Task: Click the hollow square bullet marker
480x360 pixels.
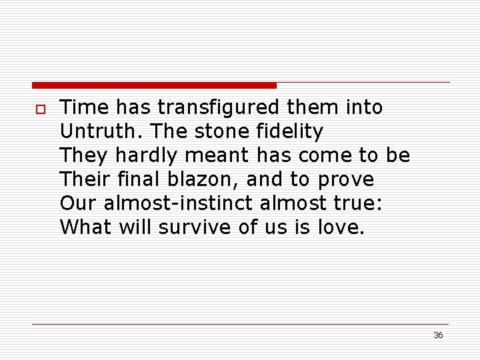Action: pos(39,109)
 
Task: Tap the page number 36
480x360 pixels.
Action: pos(438,335)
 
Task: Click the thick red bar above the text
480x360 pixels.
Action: pos(154,85)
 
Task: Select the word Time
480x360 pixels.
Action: pos(83,107)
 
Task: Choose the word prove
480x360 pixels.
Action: pos(346,180)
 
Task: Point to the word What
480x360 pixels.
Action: pos(86,227)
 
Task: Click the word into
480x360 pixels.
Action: pos(364,107)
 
